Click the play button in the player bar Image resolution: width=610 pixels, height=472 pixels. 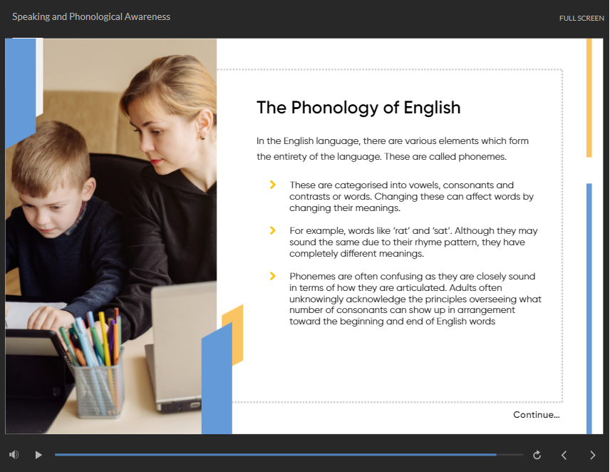click(38, 454)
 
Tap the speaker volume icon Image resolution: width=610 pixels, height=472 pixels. click(14, 454)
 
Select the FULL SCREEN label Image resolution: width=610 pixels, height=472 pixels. click(581, 18)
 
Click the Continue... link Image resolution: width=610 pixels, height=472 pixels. click(536, 415)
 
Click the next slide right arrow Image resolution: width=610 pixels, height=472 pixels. click(592, 455)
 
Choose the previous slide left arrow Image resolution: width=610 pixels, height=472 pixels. click(564, 455)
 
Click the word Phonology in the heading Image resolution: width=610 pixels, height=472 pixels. click(334, 108)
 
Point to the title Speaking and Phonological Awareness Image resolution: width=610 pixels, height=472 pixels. click(91, 16)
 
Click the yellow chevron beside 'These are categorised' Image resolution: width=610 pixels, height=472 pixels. click(273, 185)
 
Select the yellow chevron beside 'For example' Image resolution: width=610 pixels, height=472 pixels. click(273, 231)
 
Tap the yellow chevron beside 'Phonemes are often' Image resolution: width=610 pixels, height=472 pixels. click(273, 276)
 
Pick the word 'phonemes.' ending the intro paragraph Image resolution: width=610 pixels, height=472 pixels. click(482, 157)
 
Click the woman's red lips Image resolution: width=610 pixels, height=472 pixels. click(155, 161)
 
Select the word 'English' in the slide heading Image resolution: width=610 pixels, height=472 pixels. click(432, 108)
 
